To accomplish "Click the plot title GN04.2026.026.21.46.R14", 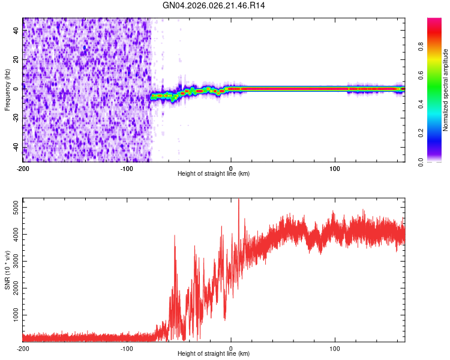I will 214,5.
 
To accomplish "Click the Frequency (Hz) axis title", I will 7,90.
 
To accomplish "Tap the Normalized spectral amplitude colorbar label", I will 446,90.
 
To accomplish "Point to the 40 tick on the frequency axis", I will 16,31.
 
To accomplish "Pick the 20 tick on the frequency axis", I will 16,60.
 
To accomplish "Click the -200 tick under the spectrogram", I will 23,168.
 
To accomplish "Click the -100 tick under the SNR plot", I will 127,348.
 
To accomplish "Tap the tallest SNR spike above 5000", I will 239,200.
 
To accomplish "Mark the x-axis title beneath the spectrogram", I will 214,174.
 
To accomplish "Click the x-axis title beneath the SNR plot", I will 214,354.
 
